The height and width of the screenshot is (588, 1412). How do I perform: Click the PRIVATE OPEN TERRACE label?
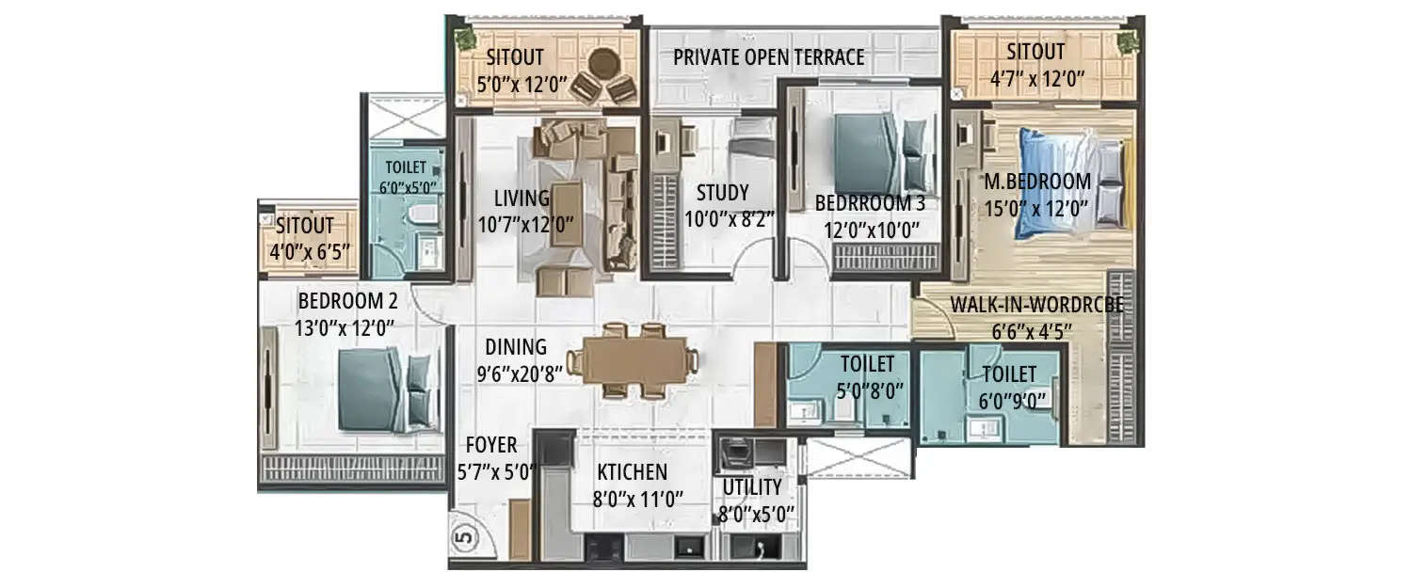[x=768, y=57]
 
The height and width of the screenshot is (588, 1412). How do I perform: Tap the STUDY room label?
[x=722, y=194]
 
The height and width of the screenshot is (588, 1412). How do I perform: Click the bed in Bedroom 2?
[x=385, y=389]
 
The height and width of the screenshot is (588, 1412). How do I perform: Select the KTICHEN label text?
[x=632, y=472]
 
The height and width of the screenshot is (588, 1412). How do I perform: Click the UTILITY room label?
[x=751, y=487]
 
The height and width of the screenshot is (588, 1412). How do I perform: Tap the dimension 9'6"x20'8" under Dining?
[x=520, y=373]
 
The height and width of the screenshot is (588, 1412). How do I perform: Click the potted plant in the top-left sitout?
[x=463, y=39]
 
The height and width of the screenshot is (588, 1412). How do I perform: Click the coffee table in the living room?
[x=566, y=214]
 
